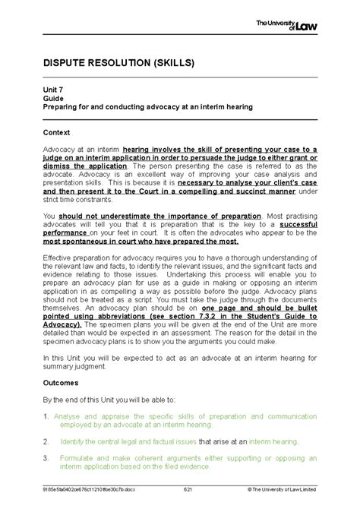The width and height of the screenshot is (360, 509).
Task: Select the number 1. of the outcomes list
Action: pyautogui.click(x=46, y=416)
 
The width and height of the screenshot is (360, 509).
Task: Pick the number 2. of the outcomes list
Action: pyautogui.click(x=46, y=441)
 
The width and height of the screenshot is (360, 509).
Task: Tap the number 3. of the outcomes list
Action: pyautogui.click(x=46, y=458)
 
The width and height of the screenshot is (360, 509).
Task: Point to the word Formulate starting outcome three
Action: pyautogui.click(x=75, y=458)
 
